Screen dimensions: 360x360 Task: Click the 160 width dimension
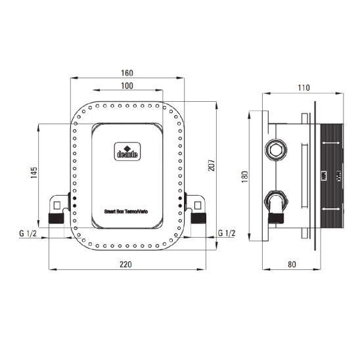[127, 73]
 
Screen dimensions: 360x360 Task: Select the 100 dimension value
[127, 86]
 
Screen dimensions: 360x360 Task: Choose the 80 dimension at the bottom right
[292, 264]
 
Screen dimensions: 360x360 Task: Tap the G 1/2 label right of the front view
[225, 234]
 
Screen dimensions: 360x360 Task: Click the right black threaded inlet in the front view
[199, 217]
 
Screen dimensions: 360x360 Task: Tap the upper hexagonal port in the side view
[275, 150]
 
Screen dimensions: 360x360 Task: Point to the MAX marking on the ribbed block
[339, 176]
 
